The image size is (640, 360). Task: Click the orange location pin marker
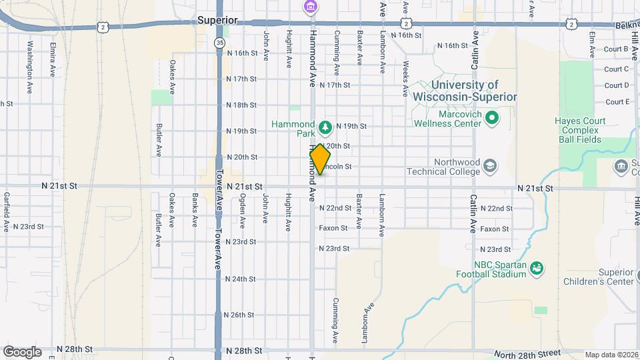(x=320, y=159)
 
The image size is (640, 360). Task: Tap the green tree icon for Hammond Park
(x=325, y=126)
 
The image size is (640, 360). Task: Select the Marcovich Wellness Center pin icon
(x=492, y=119)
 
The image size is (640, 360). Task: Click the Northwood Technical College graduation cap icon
(x=490, y=165)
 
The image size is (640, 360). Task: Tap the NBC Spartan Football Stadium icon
(x=536, y=268)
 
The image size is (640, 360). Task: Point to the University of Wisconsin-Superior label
(x=465, y=91)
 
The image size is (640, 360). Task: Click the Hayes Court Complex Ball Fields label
(x=577, y=130)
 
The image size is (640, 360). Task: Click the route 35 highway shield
(x=219, y=42)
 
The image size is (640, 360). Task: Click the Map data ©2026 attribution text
(x=611, y=355)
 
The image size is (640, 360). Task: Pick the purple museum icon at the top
(x=310, y=7)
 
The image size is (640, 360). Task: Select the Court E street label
(x=617, y=101)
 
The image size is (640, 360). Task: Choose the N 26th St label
(x=241, y=314)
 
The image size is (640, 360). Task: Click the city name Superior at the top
(x=217, y=21)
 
